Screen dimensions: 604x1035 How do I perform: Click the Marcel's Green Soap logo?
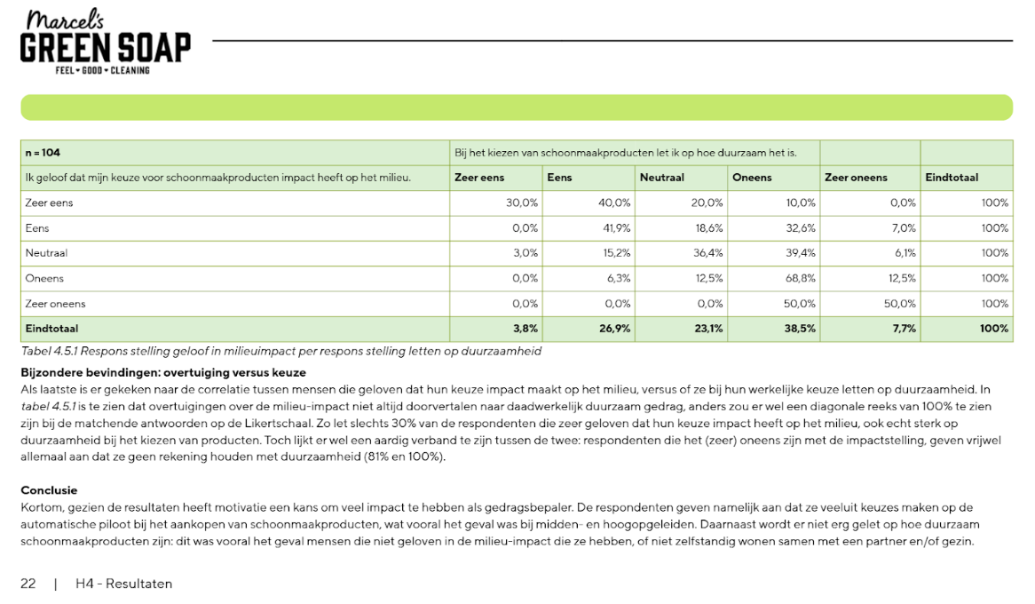(x=105, y=43)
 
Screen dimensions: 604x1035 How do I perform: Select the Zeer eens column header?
(x=479, y=178)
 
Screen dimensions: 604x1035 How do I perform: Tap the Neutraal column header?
(x=661, y=178)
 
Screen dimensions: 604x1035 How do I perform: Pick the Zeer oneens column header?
(x=856, y=178)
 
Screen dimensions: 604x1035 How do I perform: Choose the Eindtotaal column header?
(x=952, y=178)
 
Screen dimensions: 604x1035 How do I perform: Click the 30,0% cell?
(x=522, y=203)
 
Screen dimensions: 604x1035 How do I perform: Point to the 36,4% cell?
(x=707, y=253)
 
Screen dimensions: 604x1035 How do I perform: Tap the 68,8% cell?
(x=800, y=278)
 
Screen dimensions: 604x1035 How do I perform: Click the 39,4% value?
(x=800, y=253)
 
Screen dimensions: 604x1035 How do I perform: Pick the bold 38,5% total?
(x=800, y=329)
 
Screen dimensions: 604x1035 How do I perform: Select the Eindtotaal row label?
(x=51, y=329)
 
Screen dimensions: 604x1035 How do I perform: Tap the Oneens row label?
(x=43, y=278)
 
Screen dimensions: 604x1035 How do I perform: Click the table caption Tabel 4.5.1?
(x=280, y=351)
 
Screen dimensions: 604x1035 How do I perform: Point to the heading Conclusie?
(x=49, y=490)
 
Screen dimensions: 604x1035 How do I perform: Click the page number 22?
(x=28, y=584)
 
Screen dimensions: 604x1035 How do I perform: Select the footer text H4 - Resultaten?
(x=124, y=584)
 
